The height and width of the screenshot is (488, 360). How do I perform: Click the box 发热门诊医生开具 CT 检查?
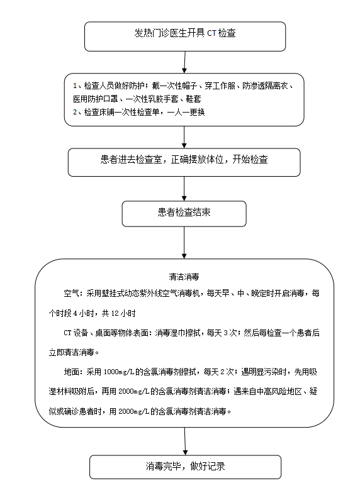[185, 36]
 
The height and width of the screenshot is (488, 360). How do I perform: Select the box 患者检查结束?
[184, 214]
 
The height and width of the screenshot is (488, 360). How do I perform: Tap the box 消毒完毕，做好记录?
[185, 467]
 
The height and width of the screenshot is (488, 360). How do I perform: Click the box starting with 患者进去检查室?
[184, 162]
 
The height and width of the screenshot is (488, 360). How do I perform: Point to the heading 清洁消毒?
[184, 277]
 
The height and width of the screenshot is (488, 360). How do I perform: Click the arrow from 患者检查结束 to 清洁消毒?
[184, 243]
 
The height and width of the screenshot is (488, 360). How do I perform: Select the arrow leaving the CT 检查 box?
[184, 62]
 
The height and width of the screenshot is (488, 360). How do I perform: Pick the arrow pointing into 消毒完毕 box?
[185, 441]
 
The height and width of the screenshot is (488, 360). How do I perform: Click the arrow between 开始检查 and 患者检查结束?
[184, 189]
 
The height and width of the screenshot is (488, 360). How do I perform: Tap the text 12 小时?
[123, 313]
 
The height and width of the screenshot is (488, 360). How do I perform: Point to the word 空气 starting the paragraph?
[71, 293]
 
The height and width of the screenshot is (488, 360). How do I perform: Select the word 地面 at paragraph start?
[71, 372]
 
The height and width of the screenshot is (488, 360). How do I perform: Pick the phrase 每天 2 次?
[218, 372]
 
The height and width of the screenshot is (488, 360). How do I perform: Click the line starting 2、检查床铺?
[139, 112]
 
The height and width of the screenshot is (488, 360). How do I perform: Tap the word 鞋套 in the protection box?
[194, 99]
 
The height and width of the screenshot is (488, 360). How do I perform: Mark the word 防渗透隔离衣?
[266, 86]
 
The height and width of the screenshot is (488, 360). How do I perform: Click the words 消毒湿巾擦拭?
[178, 333]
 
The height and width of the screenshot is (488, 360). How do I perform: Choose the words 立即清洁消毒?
[71, 352]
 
